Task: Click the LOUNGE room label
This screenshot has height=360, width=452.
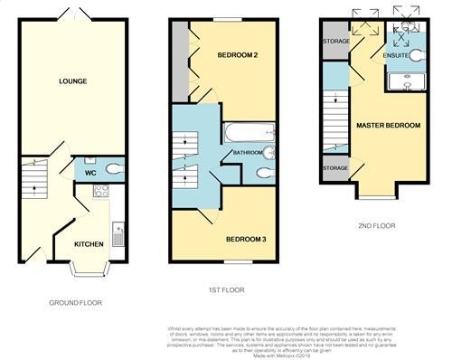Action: pyautogui.click(x=73, y=81)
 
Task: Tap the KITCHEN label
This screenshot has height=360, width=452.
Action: pyautogui.click(x=88, y=244)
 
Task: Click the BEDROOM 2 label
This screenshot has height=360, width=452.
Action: pyautogui.click(x=239, y=56)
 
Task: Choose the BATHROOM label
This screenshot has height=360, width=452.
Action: pyautogui.click(x=248, y=153)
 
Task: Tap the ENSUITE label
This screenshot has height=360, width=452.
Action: pyautogui.click(x=396, y=56)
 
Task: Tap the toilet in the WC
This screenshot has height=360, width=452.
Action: pyautogui.click(x=112, y=170)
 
